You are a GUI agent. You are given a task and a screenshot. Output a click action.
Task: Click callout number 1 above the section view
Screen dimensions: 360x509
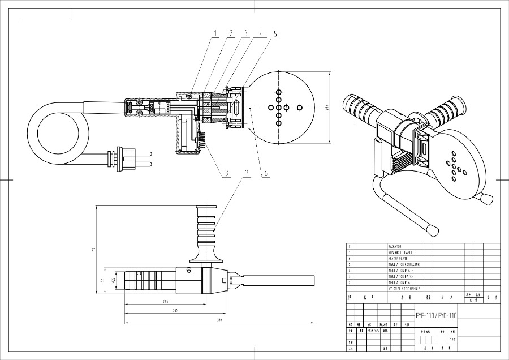click(x=215, y=33)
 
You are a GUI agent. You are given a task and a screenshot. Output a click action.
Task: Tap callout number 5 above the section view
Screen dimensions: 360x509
click(x=274, y=33)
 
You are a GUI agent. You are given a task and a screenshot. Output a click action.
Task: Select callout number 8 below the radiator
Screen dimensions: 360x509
click(x=227, y=174)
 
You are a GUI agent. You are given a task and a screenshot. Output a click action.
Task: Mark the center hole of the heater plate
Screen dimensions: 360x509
click(x=278, y=107)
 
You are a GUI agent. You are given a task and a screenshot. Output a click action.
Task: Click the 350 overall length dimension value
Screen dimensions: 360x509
click(x=219, y=322)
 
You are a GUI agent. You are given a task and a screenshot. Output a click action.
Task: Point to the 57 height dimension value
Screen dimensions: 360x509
click(x=102, y=280)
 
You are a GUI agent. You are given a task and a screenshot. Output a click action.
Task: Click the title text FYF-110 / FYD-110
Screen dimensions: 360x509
click(x=436, y=315)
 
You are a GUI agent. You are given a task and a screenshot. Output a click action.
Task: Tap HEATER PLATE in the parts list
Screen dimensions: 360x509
click(x=398, y=259)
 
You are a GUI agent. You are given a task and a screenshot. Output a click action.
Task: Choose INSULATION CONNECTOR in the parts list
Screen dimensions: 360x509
click(x=403, y=264)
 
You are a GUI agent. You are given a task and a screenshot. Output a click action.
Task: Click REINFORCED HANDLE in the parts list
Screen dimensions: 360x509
click(x=401, y=252)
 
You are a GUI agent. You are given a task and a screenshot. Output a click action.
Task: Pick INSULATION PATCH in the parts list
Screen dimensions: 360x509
click(x=400, y=276)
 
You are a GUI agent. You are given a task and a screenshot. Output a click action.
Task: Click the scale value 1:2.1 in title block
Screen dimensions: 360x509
click(x=451, y=340)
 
